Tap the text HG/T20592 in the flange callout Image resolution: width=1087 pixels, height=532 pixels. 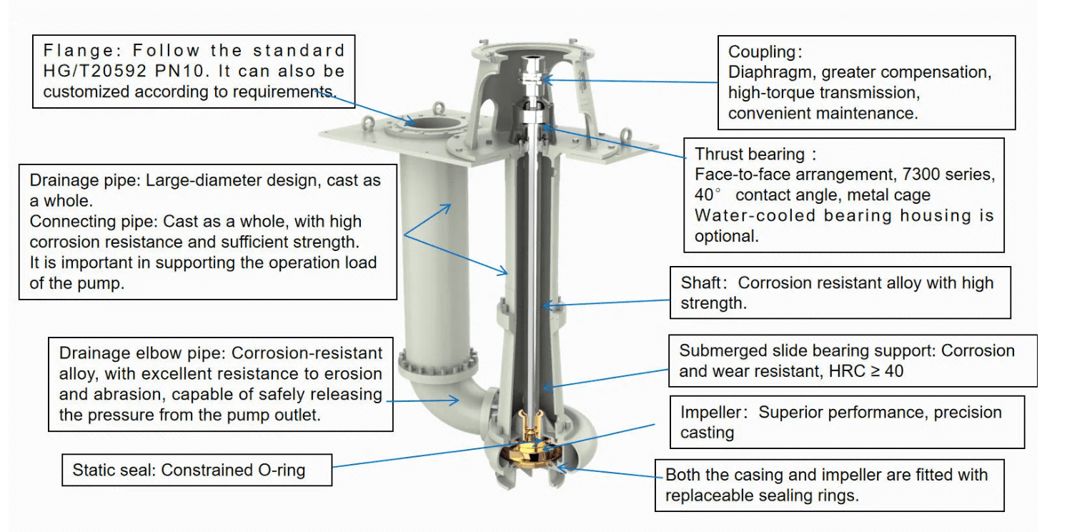(x=94, y=72)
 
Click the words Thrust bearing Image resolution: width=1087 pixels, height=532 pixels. (x=750, y=154)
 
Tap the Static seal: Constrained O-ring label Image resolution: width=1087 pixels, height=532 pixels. (x=189, y=470)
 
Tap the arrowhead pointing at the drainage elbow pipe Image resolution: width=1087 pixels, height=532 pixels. (x=454, y=400)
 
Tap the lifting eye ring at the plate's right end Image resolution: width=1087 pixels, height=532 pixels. (x=626, y=135)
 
